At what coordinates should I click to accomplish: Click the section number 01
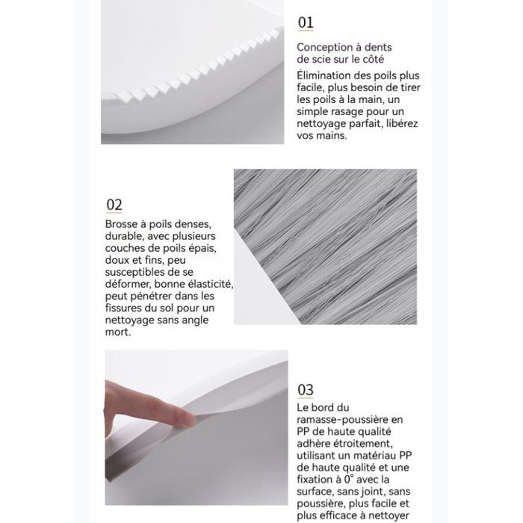click(306, 22)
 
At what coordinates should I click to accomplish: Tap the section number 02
click(114, 205)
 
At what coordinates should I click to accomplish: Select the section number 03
click(306, 389)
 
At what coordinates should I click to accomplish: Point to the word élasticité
click(211, 284)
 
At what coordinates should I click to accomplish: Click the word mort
click(118, 332)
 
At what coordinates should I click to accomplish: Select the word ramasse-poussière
click(350, 420)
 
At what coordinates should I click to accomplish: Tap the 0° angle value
click(348, 480)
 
